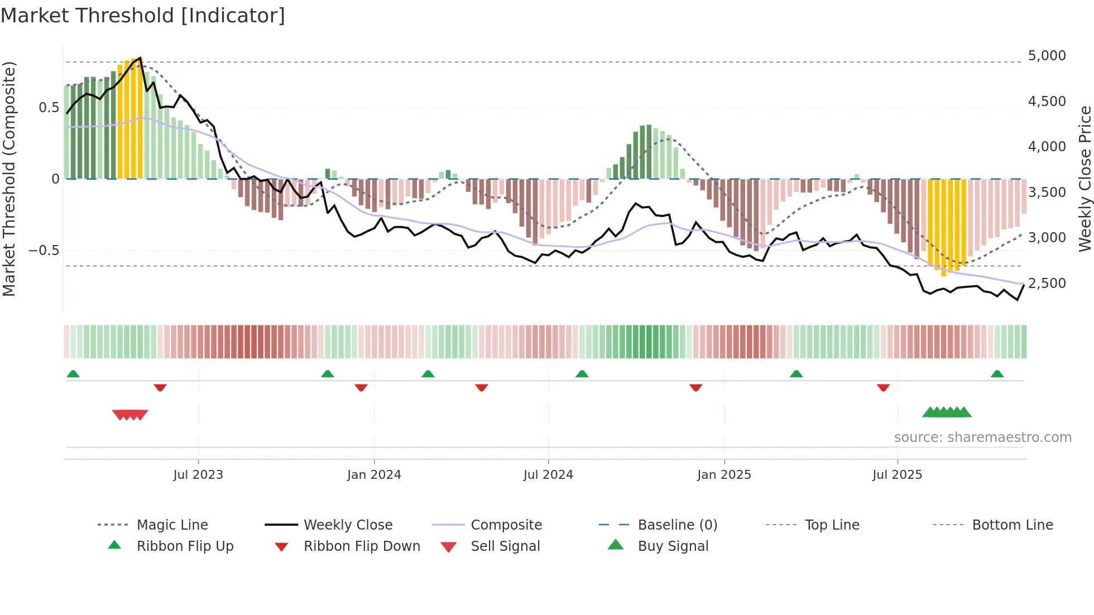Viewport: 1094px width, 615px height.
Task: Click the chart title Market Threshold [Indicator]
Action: coord(143,16)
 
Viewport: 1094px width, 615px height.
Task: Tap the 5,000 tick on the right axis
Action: coord(1047,56)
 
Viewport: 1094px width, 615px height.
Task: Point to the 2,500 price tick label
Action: coord(1047,284)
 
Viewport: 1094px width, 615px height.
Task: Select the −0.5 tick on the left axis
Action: coord(44,251)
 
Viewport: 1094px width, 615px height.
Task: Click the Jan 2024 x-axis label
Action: coord(374,475)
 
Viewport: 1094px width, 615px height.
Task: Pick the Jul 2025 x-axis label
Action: coord(897,475)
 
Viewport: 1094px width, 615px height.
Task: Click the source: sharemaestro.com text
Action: coord(982,438)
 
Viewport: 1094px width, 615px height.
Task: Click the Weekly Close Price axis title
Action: coord(1085,179)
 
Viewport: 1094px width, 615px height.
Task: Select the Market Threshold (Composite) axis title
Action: coord(9,179)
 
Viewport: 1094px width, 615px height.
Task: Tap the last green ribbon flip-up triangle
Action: coord(997,374)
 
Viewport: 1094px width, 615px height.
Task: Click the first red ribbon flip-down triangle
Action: coord(160,387)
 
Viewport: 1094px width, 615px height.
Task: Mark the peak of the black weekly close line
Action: coord(140,57)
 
